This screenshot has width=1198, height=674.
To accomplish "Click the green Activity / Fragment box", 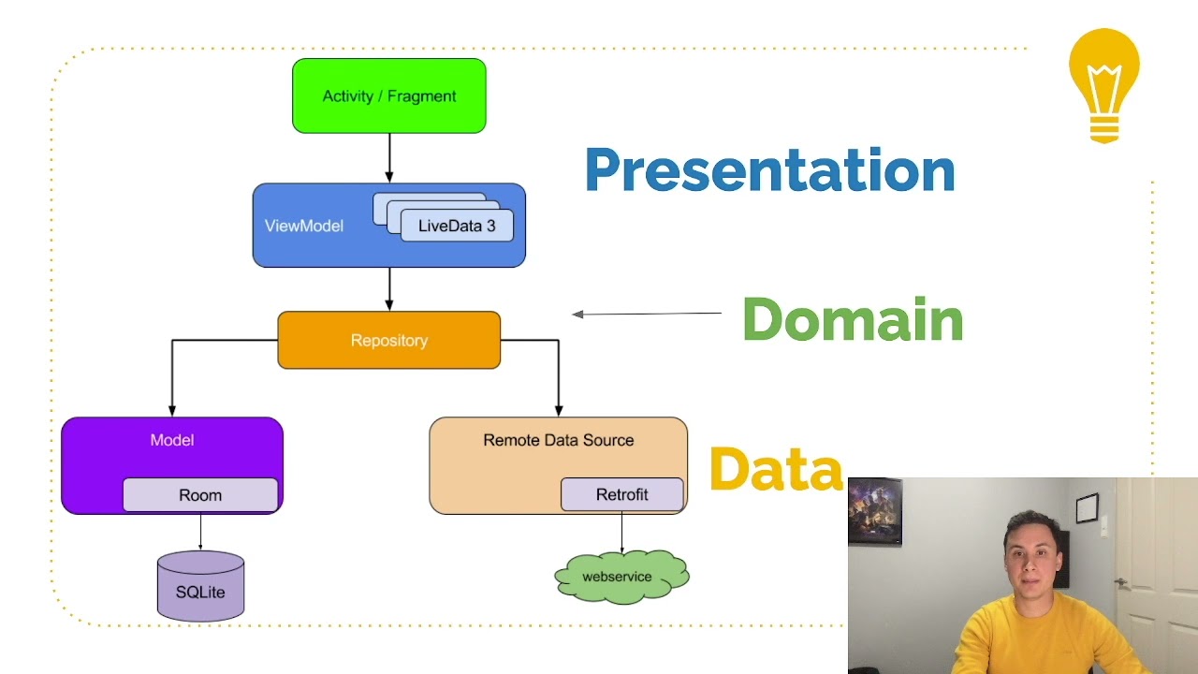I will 388,95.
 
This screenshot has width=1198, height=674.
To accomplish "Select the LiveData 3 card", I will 457,226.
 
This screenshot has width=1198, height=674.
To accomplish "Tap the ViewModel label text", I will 303,226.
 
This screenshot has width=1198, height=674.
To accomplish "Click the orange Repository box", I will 388,340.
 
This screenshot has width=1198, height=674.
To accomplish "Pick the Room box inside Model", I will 200,495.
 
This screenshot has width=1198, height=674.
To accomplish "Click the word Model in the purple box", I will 172,440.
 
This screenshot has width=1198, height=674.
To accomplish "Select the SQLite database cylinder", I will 200,587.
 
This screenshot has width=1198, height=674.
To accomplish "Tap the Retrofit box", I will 621,494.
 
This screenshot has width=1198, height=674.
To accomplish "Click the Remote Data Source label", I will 558,440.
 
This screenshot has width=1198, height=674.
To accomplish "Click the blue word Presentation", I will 769,170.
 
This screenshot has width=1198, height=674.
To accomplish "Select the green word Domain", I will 852,319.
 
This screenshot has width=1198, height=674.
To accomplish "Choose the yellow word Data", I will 775,469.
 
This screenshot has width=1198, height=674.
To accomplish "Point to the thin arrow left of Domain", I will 646,314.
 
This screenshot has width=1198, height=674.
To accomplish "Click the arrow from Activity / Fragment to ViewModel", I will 389,157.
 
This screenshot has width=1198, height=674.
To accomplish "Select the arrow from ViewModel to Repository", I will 389,289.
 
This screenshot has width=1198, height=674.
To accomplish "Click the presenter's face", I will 1031,558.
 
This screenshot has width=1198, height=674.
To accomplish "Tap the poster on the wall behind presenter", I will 874,510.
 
